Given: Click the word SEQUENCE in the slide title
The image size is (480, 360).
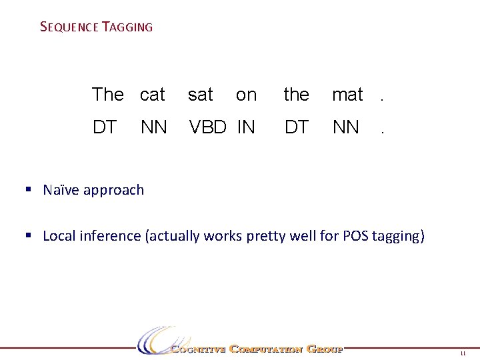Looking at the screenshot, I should click(x=69, y=27).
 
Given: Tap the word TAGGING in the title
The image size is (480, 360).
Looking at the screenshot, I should click(x=127, y=27).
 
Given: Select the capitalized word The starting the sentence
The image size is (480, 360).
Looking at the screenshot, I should click(x=107, y=95).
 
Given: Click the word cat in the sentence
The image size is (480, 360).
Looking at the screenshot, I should click(x=153, y=95).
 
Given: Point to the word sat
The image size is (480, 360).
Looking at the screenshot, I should click(x=201, y=95).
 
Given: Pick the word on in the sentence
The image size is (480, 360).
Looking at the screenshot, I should click(x=246, y=95).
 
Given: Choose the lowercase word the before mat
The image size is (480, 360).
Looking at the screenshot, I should click(x=296, y=95).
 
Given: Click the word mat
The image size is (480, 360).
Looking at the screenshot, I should click(x=347, y=95).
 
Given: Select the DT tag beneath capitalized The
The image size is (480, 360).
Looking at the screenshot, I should click(x=105, y=127).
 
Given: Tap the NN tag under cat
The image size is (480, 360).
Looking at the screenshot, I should click(x=154, y=127).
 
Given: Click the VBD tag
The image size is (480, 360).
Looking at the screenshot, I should click(x=208, y=127).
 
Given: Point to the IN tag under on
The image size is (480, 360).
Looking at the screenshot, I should click(x=246, y=127).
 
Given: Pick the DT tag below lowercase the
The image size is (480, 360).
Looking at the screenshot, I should click(x=296, y=127).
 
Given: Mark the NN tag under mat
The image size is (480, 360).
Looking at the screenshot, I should click(x=346, y=127).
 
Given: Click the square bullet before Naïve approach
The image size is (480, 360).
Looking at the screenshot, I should click(x=29, y=189).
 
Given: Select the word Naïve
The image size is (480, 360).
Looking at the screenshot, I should click(x=60, y=189).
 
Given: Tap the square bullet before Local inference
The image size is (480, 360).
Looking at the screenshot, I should click(x=29, y=235).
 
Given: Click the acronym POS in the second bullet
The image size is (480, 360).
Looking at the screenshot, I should click(x=365, y=235).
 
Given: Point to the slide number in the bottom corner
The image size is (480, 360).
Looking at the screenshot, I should click(x=463, y=355).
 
